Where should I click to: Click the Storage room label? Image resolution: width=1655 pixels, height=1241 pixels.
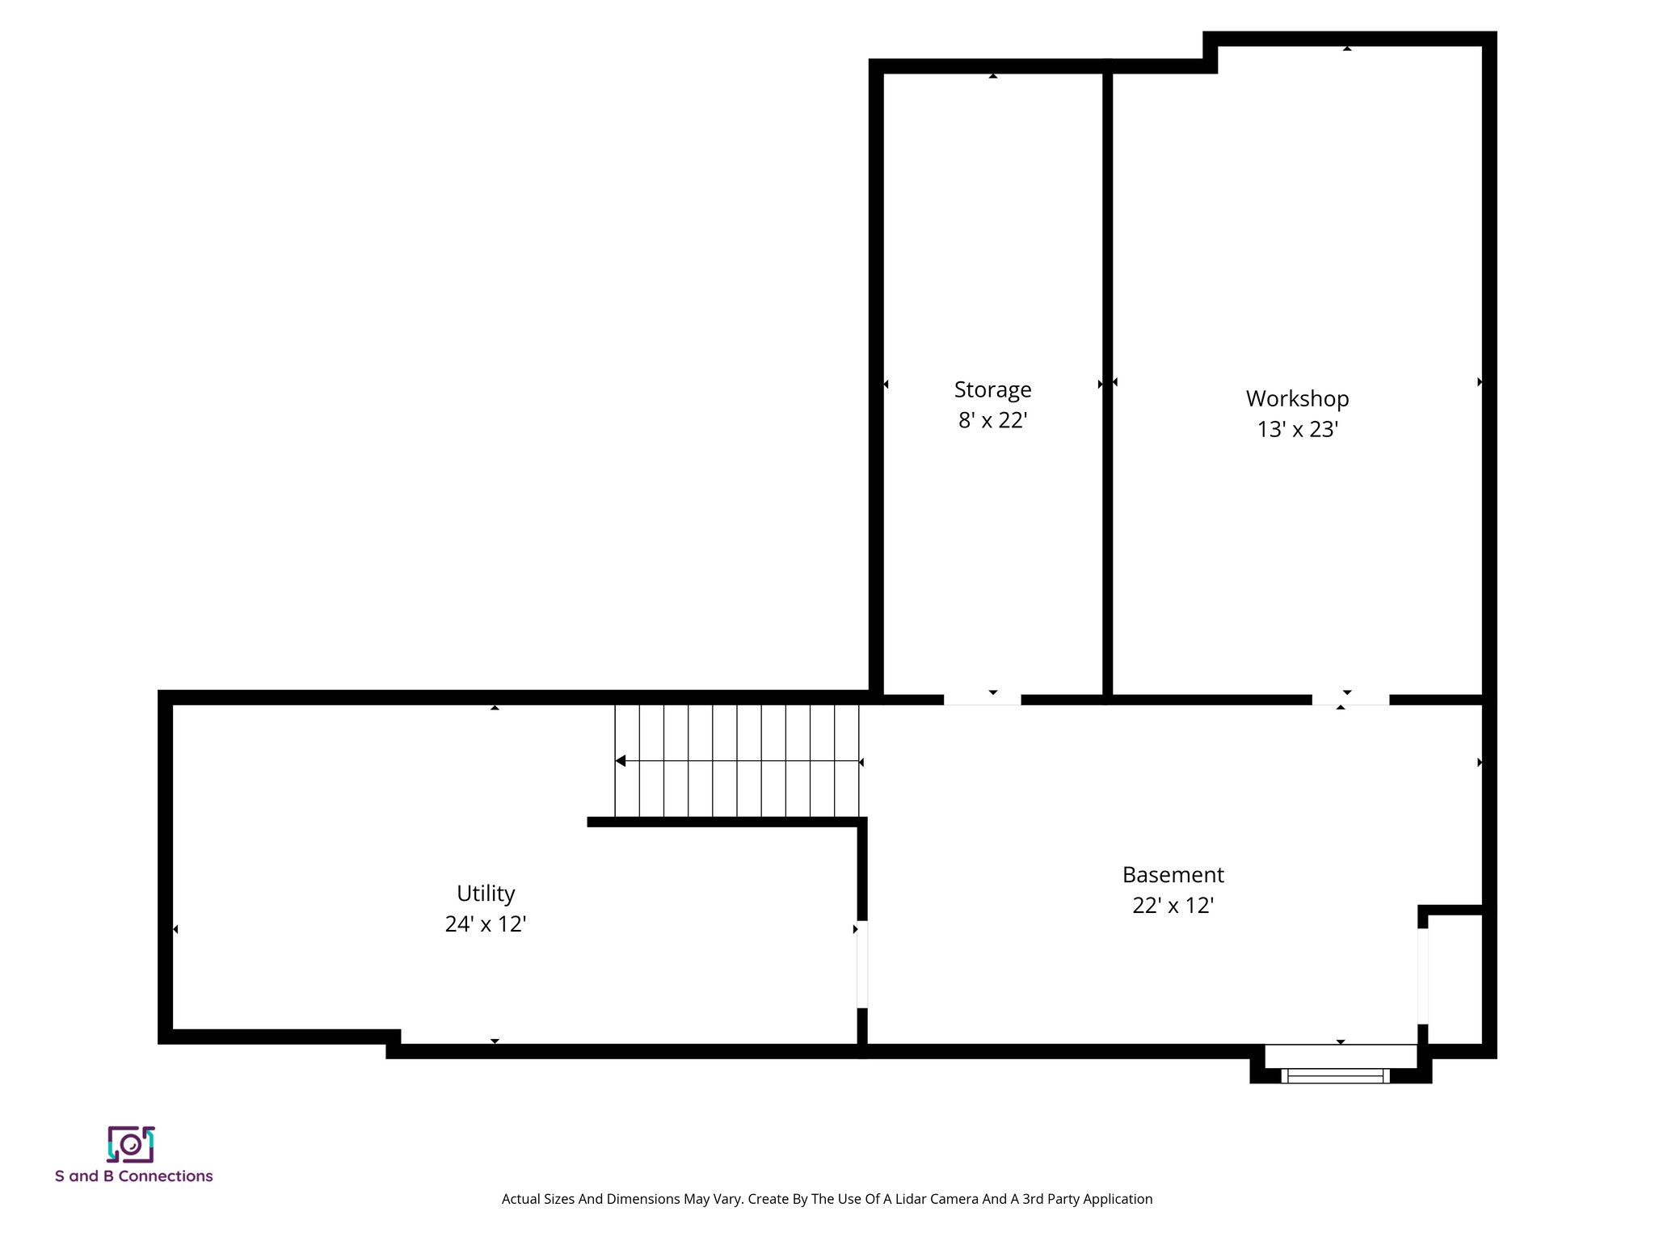pos(992,389)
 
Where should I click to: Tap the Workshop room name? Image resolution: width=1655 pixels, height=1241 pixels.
pos(1297,398)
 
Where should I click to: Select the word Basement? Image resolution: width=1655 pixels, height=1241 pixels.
pos(1173,874)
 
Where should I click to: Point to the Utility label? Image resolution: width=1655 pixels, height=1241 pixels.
pos(486,893)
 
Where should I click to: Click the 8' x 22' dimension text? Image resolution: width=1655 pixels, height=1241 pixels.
pos(992,420)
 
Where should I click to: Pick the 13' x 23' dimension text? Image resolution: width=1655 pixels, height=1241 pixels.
pos(1297,429)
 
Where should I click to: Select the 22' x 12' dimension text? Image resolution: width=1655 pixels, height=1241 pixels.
pos(1173,905)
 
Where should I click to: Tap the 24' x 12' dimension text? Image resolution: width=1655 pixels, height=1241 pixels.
pos(486,923)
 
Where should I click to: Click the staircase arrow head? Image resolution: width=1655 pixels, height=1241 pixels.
pos(621,760)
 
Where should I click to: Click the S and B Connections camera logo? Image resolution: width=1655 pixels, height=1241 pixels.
pos(131,1144)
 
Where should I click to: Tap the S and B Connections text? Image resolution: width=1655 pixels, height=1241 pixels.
pos(134,1176)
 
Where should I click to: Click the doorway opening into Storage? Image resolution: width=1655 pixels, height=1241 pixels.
pos(982,700)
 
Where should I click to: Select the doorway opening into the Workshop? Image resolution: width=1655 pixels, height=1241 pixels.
pos(1350,700)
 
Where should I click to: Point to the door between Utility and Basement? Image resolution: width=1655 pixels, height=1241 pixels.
pos(862,964)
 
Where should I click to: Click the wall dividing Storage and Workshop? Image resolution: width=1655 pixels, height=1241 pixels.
pos(1107,380)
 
